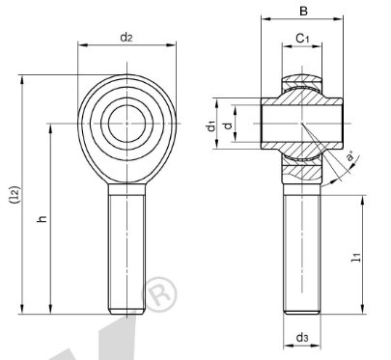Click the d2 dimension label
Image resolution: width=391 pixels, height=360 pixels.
(x=126, y=38)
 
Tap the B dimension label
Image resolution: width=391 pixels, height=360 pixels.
(x=303, y=12)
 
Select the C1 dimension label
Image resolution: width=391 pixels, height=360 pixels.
(x=302, y=39)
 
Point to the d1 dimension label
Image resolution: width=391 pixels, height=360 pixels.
(x=211, y=126)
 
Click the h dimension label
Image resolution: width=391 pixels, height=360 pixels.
(x=42, y=219)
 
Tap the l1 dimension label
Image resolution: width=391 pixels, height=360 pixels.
(x=356, y=258)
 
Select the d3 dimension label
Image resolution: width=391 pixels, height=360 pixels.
(x=302, y=338)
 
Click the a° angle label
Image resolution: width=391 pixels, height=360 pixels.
(x=349, y=156)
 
